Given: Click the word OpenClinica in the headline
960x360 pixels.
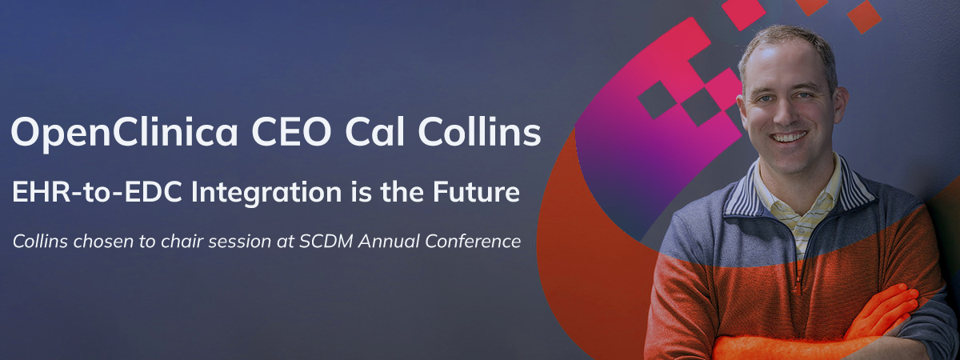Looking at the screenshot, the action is pos(124,133).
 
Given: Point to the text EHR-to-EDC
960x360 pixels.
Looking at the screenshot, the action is pos(98,192).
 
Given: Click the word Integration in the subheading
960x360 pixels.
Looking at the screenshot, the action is pos(266,194).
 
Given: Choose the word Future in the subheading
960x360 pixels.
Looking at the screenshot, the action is pos(476,192).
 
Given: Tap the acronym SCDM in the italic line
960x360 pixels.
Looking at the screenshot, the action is pos(326,242).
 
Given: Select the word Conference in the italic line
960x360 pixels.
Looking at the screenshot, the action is pos(473,242).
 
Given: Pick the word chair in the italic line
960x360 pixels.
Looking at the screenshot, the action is pos(182,242).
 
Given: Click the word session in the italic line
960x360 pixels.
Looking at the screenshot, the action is pos(237,242).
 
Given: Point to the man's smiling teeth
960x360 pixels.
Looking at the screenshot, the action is pos(790,137).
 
